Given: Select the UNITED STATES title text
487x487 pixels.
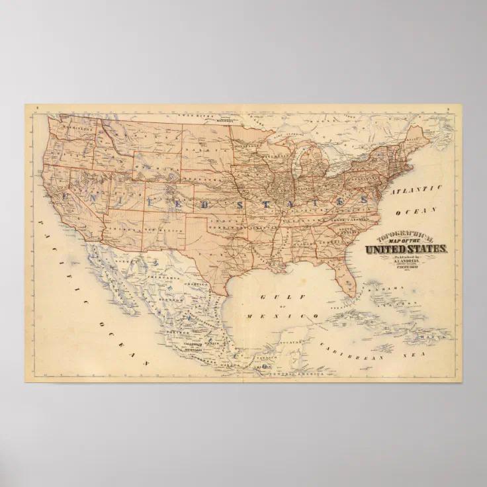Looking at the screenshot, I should coord(406,249).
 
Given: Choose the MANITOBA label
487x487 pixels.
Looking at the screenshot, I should coord(226,121).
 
